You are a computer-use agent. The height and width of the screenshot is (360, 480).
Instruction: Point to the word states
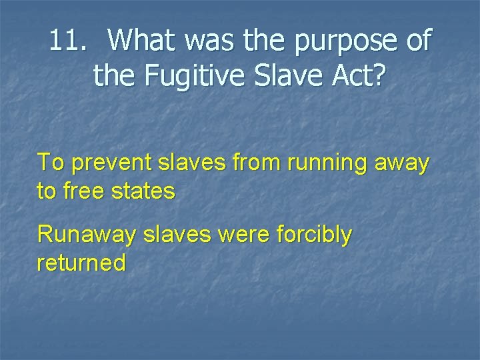click(x=143, y=191)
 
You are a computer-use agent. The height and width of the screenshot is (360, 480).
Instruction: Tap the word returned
click(x=81, y=263)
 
